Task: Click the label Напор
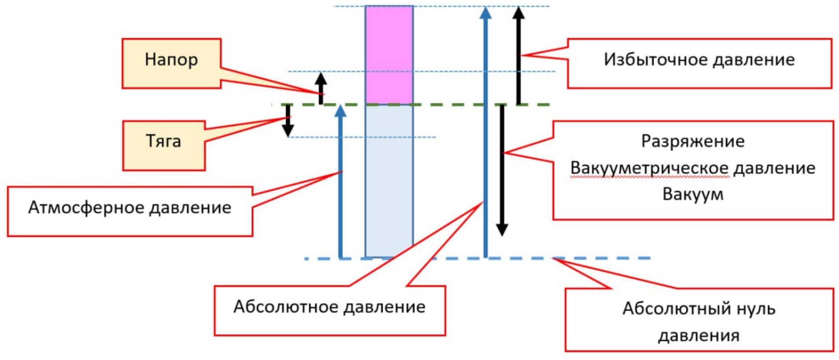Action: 171,60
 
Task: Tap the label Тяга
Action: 163,141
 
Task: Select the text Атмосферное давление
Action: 130,207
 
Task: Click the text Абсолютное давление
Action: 329,307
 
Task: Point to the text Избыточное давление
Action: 699,60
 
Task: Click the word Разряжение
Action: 693,142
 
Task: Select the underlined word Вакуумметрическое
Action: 650,168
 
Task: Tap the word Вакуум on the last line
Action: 693,194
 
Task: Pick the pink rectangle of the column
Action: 389,55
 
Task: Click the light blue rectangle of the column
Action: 389,180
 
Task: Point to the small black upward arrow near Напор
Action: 321,88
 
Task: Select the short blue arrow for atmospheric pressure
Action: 341,185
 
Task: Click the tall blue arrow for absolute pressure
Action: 485,132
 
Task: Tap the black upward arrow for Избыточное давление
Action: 519,57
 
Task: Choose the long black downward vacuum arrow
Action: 502,171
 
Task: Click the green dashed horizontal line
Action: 439,105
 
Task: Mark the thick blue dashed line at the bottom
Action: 593,258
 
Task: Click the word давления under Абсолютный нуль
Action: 699,336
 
